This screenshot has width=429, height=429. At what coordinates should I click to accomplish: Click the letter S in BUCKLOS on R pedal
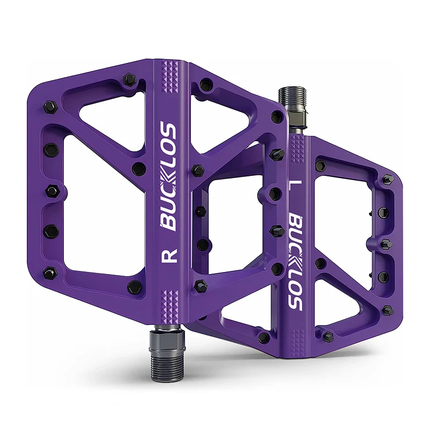[168, 130]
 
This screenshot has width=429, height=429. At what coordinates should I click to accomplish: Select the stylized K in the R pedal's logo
[168, 171]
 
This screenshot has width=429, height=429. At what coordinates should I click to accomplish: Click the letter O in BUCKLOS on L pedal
[295, 289]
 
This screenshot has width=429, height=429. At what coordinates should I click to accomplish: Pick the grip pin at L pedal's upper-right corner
[388, 179]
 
